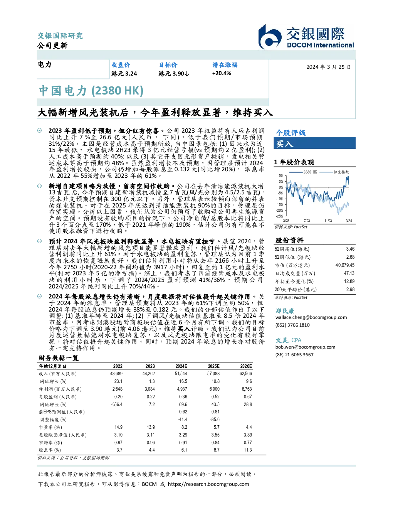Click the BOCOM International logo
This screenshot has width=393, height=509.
pyautogui.click(x=306, y=37)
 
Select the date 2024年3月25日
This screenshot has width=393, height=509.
pyautogui.click(x=329, y=67)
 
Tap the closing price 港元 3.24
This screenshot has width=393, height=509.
pyautogui.click(x=124, y=74)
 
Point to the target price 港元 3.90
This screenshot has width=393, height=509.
pyautogui.click(x=174, y=74)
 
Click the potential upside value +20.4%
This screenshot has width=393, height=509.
pyautogui.click(x=222, y=73)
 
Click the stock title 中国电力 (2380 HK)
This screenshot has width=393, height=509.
pyautogui.click(x=91, y=91)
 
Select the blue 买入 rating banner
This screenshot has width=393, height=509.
pyautogui.click(x=314, y=143)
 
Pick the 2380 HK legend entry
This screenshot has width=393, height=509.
pyautogui.click(x=303, y=172)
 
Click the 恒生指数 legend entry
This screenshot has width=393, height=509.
pyautogui.click(x=334, y=172)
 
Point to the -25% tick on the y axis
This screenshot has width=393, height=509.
pyautogui.click(x=280, y=216)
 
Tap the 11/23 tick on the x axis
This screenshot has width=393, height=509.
pyautogui.click(x=328, y=221)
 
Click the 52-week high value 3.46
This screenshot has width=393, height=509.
pyautogui.click(x=350, y=249)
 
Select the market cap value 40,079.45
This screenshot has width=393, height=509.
pyautogui.click(x=345, y=265)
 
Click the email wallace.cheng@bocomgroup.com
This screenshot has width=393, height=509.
pyautogui.click(x=311, y=317)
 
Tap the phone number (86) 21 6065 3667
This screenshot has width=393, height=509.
pyautogui.click(x=294, y=355)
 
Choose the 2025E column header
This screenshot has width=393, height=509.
pyautogui.click(x=213, y=366)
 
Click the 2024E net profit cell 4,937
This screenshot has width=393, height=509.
pyautogui.click(x=182, y=389)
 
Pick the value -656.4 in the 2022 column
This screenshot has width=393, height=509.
pyautogui.click(x=116, y=405)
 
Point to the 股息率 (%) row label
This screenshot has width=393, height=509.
pyautogui.click(x=50, y=450)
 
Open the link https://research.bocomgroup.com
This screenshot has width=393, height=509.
pyautogui.click(x=208, y=484)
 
